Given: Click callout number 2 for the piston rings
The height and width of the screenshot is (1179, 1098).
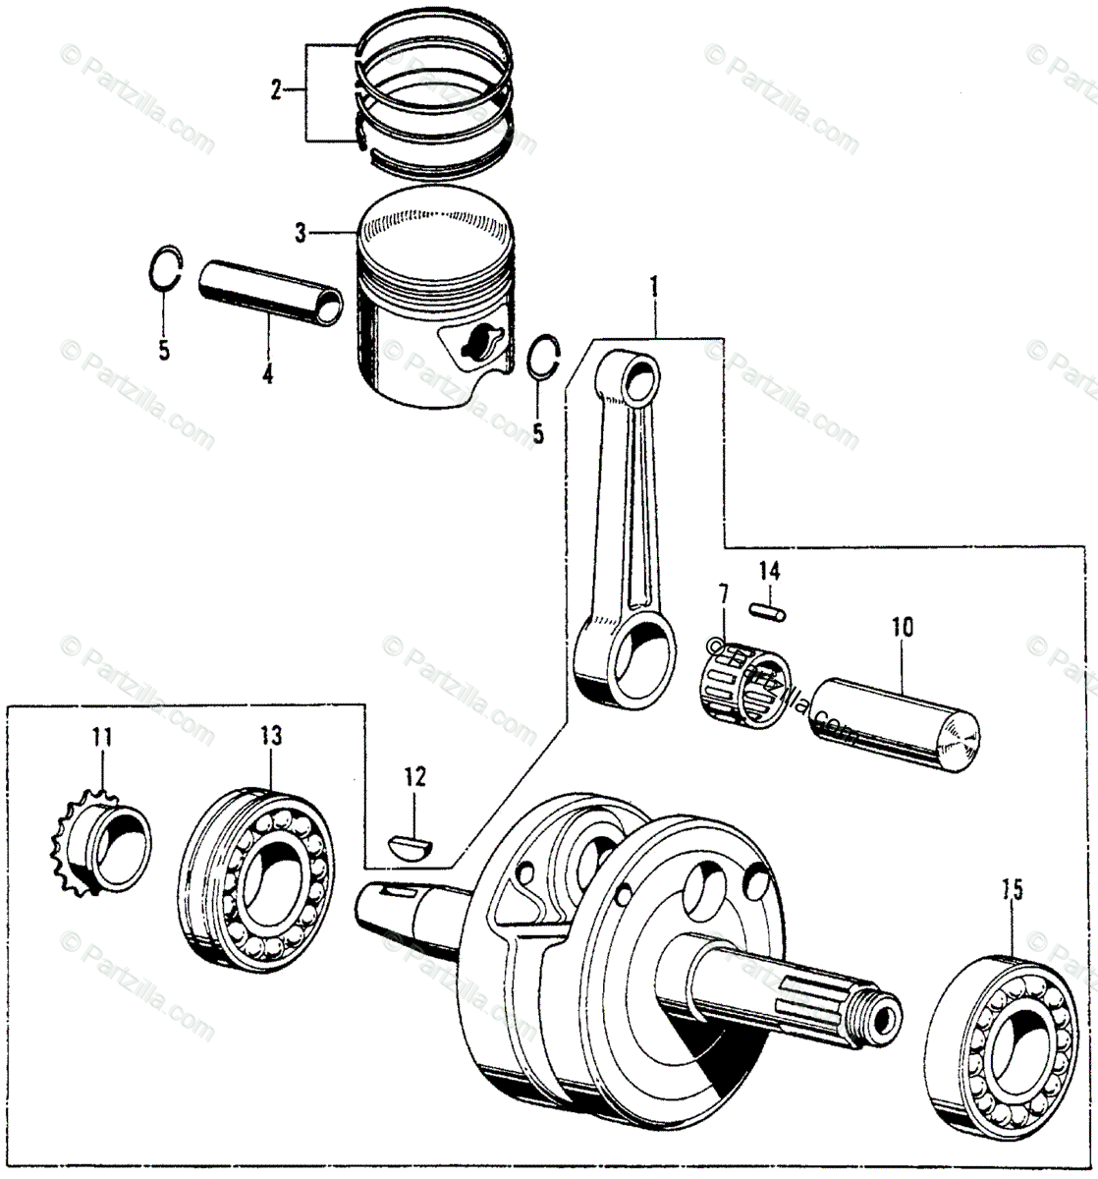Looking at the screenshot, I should tap(277, 91).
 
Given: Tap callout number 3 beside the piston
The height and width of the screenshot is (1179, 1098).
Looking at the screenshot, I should tap(301, 234).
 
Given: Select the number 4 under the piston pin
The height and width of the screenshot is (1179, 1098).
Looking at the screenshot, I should tap(266, 374).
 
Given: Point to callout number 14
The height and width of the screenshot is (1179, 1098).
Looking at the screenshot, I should tap(769, 570).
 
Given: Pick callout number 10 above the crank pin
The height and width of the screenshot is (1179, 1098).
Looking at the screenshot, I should tap(902, 625).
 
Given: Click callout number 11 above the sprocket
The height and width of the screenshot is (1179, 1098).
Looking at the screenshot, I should tap(102, 736).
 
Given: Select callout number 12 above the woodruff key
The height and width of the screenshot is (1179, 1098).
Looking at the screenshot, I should tap(414, 778).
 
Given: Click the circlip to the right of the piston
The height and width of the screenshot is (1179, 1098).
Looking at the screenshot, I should tap(542, 358).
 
